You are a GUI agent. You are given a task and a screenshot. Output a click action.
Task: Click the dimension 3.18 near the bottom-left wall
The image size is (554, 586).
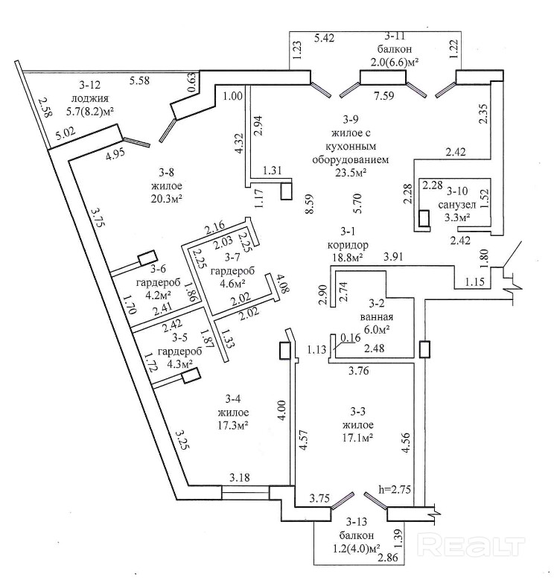click(240, 477)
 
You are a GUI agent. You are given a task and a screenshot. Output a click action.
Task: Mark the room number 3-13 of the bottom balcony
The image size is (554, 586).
click(359, 522)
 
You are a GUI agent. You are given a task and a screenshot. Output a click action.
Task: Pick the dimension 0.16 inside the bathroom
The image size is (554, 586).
click(350, 337)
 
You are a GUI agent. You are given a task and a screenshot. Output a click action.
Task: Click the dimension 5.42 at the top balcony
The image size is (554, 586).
click(326, 36)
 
